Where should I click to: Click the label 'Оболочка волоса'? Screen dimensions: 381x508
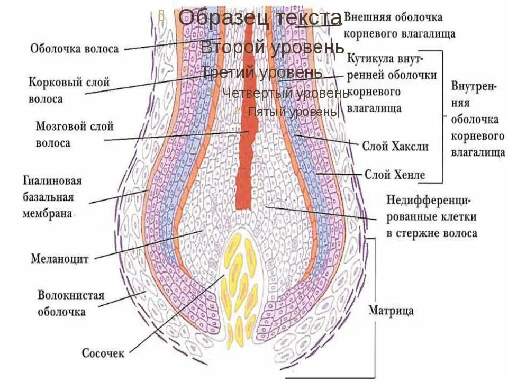coord(74,49)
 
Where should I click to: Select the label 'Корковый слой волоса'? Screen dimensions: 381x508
coord(69,90)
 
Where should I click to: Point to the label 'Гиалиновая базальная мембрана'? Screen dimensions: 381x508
coord(52,197)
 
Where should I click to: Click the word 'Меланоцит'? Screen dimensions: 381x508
coord(59,259)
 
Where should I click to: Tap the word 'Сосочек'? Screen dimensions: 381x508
coord(103,352)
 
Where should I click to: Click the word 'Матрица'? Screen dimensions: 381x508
coord(391,310)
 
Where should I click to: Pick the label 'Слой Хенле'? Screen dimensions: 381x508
coord(395,174)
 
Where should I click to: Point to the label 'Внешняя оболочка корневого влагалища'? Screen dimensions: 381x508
coord(400,25)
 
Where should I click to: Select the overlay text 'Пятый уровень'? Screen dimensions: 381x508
coord(292,111)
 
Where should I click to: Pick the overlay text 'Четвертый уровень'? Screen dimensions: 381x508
coord(285,93)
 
